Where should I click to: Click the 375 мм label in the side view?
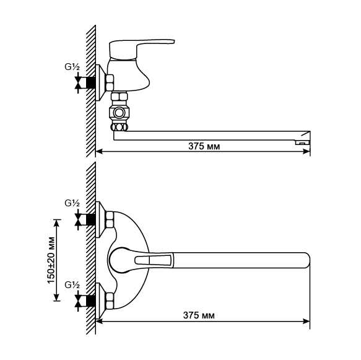204,146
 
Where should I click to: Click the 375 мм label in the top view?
199,315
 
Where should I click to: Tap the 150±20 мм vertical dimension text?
51,260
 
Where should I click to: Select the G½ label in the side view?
72,67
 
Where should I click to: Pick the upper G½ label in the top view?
72,203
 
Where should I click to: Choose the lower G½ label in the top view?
72,285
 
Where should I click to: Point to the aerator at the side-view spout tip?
303,143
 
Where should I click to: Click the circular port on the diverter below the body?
119,113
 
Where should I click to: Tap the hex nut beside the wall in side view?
110,82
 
